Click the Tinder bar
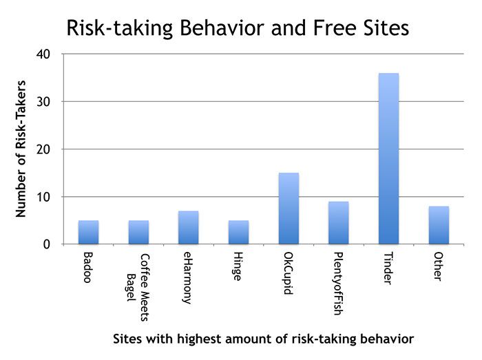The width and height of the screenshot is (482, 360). point(388,159)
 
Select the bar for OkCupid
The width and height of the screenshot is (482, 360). point(289,209)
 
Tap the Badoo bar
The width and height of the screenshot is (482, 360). point(88,233)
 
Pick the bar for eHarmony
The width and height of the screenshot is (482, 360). point(188,228)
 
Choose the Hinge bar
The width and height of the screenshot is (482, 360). point(238,233)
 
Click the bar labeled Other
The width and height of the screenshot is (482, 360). point(439,225)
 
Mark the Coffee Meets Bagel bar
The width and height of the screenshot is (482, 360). point(138,233)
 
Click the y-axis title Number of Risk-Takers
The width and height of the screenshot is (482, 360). point(21,149)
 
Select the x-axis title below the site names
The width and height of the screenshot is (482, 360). point(264,339)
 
